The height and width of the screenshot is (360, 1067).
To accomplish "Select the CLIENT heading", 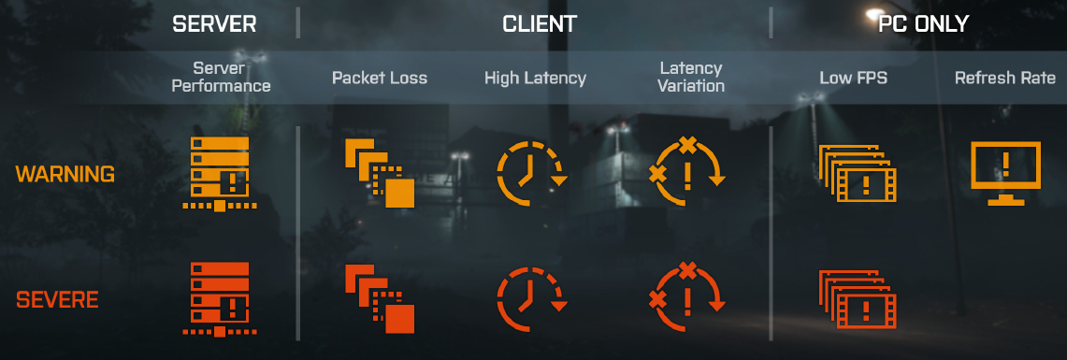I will (540, 24).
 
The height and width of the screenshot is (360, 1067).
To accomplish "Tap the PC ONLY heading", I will (923, 24).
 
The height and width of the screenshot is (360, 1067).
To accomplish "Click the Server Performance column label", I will (219, 77).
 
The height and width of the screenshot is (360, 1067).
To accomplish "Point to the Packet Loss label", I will (379, 78).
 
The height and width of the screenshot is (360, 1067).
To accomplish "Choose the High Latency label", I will (535, 78).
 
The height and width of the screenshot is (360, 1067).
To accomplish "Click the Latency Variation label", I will (691, 77).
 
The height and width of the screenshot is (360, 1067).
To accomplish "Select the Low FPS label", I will (853, 78).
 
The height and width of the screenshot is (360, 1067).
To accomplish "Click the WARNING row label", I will (65, 175).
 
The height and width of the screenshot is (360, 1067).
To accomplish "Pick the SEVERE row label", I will (57, 301).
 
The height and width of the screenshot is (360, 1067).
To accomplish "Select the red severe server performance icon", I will (219, 299).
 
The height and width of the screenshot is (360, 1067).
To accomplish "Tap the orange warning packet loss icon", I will (380, 173).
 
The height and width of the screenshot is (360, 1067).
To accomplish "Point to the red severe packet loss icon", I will (380, 299).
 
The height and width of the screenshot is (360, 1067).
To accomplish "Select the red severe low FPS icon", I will (855, 299).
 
